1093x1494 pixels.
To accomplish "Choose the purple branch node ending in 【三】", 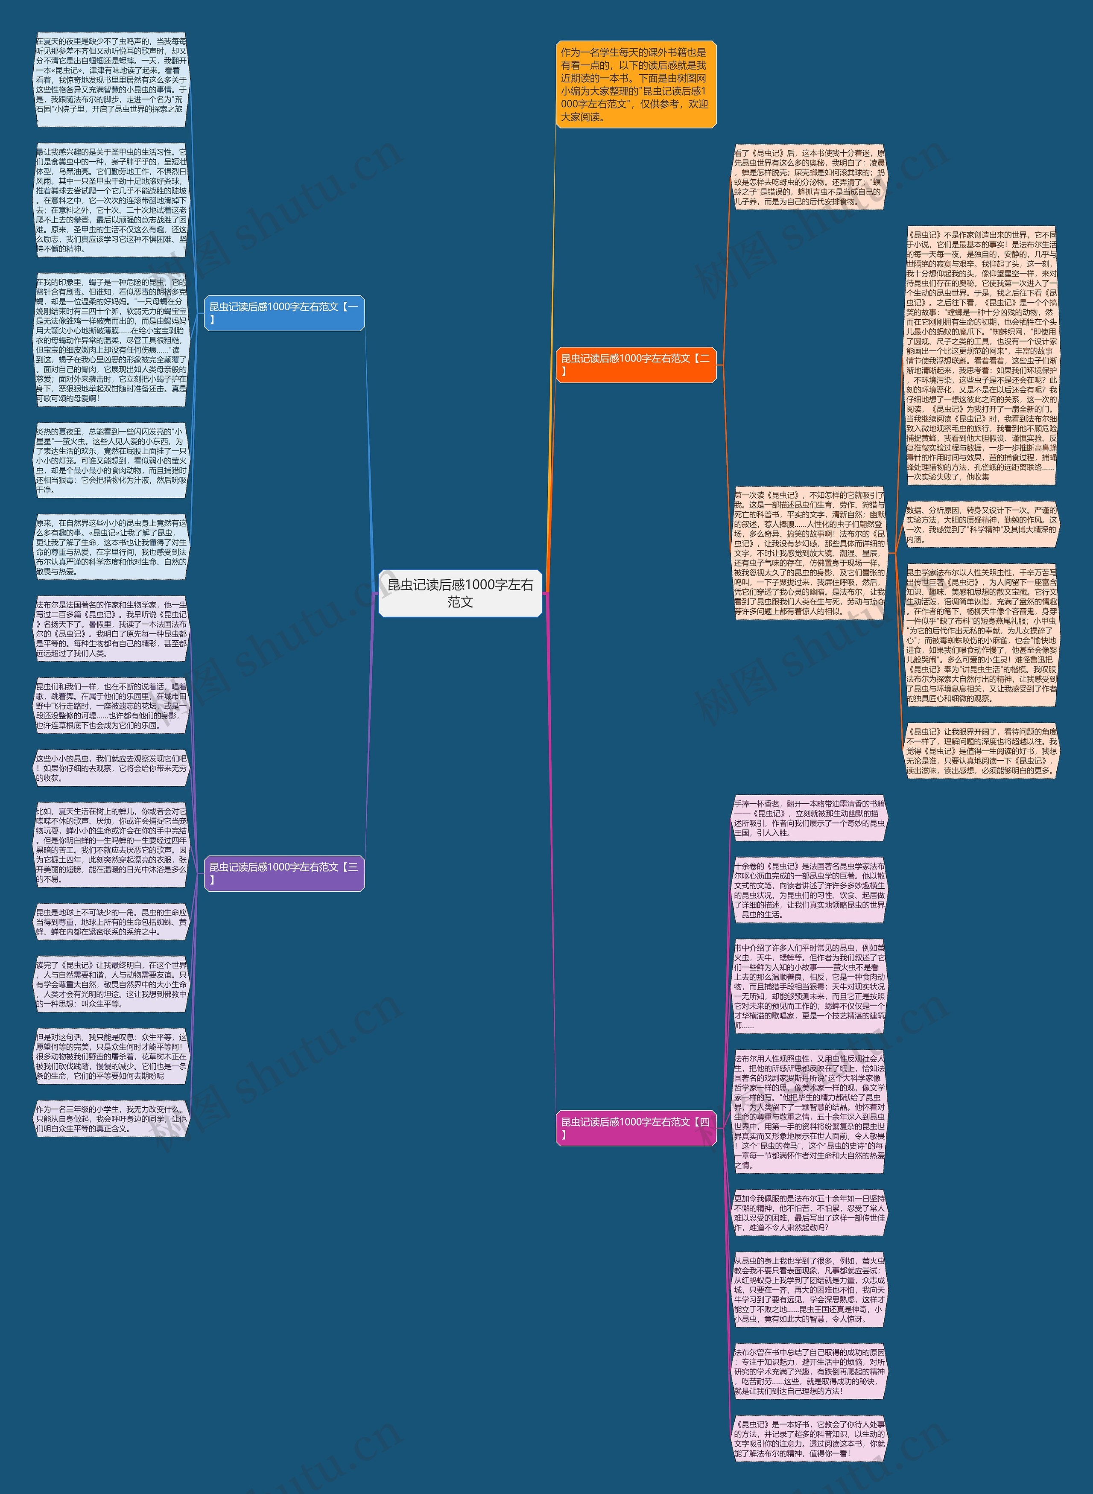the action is tap(284, 873).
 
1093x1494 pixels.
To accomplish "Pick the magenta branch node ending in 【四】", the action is tap(635, 1128).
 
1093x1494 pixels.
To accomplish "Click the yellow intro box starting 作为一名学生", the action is tap(635, 85).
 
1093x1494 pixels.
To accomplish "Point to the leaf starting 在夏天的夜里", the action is tap(111, 79).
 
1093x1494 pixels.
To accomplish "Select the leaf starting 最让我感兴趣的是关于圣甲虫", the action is tap(111, 200).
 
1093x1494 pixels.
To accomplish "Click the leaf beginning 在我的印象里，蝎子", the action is tap(111, 340).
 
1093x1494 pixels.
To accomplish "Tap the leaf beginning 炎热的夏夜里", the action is tap(111, 460).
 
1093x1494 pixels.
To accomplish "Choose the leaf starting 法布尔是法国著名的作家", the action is tap(111, 628).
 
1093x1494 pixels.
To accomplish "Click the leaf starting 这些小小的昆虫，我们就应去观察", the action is tap(111, 768).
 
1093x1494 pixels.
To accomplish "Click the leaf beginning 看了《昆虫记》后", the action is tap(809, 177).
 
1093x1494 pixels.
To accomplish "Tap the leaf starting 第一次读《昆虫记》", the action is tap(809, 553).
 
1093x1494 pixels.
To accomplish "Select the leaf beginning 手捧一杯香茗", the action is tap(809, 818).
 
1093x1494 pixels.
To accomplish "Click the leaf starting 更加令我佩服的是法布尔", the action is tap(809, 1212).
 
